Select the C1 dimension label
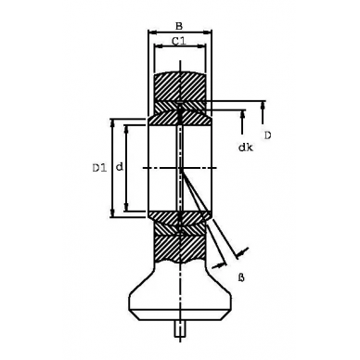tap(180, 41)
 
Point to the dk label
tap(244, 147)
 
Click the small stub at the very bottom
tap(180, 328)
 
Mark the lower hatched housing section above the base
tap(180, 249)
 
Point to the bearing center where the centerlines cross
tap(180, 168)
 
